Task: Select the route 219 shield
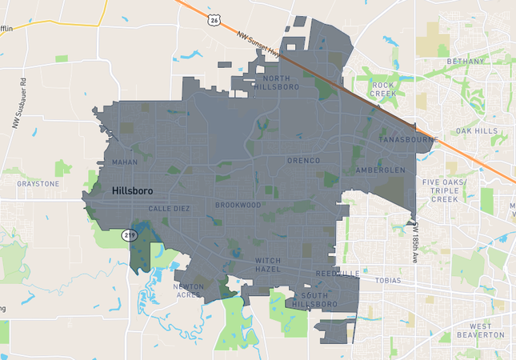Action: [130, 235]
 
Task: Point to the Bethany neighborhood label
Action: [466, 62]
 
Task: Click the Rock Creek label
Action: [383, 89]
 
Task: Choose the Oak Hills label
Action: [476, 130]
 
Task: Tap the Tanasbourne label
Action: [408, 140]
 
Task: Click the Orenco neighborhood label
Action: [303, 161]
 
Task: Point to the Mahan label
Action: [125, 162]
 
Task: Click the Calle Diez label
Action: [169, 208]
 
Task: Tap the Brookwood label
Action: [238, 205]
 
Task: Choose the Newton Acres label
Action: [189, 290]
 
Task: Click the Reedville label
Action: [337, 274]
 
